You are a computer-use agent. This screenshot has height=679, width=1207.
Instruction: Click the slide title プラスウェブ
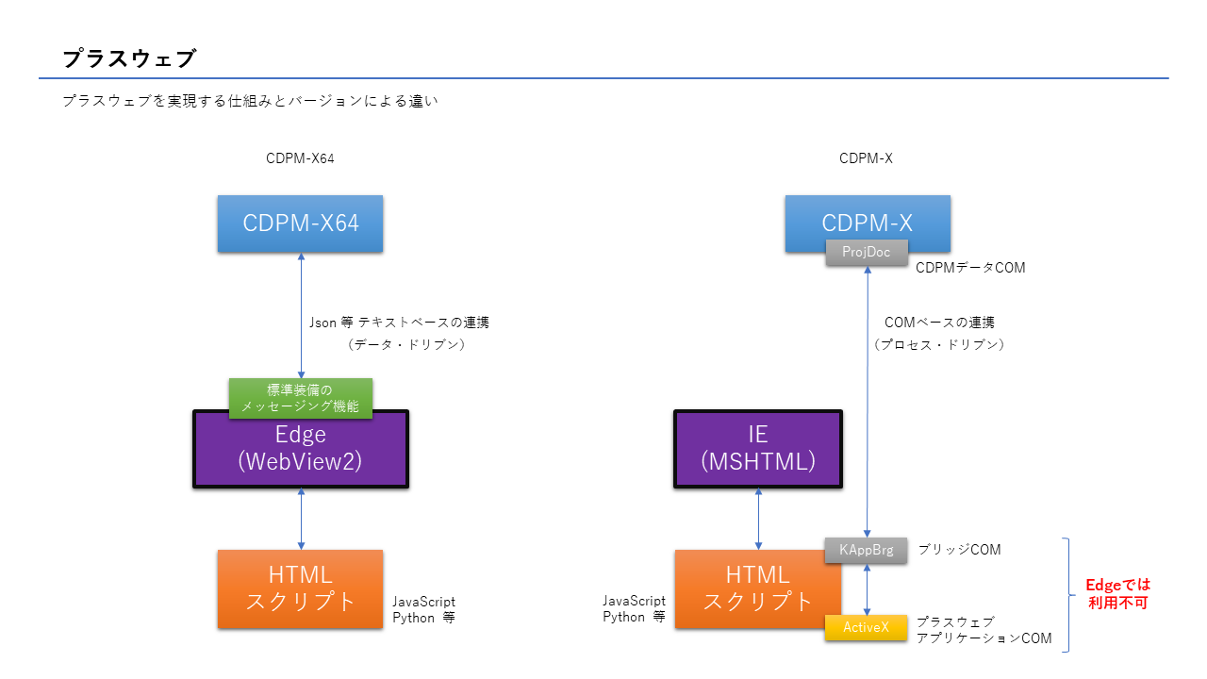click(128, 58)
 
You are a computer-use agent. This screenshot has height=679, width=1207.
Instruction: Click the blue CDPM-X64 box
click(300, 224)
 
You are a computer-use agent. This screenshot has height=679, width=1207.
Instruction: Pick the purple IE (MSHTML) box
click(757, 449)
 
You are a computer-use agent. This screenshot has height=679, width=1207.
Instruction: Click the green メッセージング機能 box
click(300, 398)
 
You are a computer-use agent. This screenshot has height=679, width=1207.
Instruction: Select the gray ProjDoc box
click(866, 253)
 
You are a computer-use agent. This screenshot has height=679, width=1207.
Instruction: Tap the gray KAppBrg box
click(866, 550)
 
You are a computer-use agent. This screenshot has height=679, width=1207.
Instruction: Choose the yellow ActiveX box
click(866, 628)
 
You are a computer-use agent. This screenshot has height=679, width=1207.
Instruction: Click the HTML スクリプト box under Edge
click(300, 588)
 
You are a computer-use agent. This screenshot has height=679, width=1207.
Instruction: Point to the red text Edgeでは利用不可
click(1117, 593)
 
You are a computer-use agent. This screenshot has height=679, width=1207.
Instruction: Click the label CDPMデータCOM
click(970, 269)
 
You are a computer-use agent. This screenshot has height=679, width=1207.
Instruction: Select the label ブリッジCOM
click(959, 550)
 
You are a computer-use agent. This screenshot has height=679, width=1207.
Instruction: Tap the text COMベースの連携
click(939, 323)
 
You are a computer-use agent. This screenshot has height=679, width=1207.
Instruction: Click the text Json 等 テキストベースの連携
click(400, 323)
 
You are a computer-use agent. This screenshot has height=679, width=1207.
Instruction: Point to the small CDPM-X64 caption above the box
click(300, 158)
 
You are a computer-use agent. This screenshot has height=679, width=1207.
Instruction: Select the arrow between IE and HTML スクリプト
click(758, 519)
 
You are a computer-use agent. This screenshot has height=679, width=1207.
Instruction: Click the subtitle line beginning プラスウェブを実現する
click(250, 101)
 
